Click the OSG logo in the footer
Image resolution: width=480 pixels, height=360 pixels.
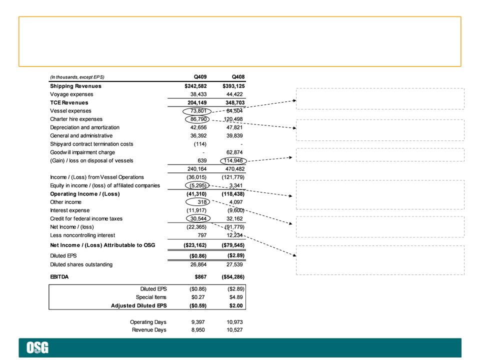click(37, 348)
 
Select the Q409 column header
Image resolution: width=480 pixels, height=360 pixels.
click(200, 77)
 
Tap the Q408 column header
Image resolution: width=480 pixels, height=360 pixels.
click(238, 77)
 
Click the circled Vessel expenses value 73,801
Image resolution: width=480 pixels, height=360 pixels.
click(197, 111)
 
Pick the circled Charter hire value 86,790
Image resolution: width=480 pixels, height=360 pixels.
click(197, 119)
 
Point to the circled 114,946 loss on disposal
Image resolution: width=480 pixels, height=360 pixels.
click(233, 160)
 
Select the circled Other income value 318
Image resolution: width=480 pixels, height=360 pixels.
click(198, 202)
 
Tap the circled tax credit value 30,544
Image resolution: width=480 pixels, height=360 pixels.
click(198, 218)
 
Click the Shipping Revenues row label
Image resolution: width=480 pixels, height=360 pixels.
click(75, 86)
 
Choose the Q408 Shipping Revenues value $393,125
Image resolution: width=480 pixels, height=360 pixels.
click(233, 86)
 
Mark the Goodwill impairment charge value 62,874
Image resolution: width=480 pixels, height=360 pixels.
click(234, 152)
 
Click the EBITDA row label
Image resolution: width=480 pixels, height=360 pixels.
click(59, 276)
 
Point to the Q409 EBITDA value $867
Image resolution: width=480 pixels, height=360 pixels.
click(200, 276)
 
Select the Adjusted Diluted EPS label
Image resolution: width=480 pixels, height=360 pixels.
click(138, 305)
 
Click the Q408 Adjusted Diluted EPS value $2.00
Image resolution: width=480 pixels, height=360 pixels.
click(236, 305)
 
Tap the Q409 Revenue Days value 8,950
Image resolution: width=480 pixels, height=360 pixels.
click(198, 329)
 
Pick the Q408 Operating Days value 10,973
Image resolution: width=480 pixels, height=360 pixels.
click(234, 322)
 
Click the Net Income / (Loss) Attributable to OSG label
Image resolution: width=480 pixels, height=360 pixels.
click(102, 245)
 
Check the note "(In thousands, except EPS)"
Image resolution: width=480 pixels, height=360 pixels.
click(77, 77)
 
